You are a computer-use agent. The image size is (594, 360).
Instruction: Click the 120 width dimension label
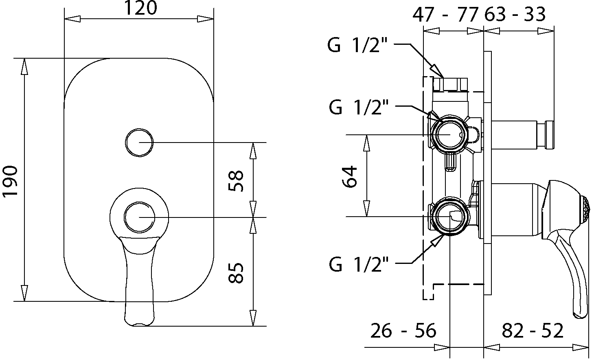point(140,8)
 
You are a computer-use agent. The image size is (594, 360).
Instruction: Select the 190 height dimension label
point(10,182)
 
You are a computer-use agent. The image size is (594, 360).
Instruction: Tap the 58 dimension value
point(235,181)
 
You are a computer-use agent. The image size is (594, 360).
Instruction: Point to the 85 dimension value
point(235,273)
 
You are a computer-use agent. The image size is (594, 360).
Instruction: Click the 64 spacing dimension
point(350,177)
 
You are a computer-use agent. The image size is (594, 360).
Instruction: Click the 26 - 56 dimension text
point(403,331)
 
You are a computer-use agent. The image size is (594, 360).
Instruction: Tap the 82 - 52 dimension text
point(533,331)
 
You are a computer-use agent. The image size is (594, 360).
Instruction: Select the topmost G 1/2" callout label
point(357,45)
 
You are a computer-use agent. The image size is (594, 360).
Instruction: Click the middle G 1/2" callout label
point(359,107)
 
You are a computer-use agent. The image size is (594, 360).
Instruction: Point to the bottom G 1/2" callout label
point(359,264)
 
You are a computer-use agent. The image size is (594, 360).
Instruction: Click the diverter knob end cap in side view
point(549,135)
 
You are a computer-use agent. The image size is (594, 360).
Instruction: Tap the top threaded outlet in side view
point(450,84)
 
